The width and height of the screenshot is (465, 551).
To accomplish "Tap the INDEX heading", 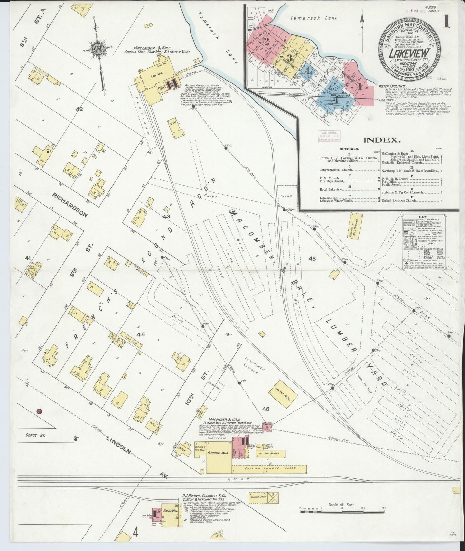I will point(382,140).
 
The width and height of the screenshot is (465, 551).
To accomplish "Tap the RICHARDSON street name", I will point(70,205).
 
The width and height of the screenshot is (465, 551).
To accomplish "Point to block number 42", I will point(79,109).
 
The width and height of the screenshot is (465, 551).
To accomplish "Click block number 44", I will point(141,334).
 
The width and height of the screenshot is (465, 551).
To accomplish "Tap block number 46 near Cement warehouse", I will point(265,409).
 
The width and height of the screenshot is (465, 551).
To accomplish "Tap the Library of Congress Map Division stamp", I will point(329,136).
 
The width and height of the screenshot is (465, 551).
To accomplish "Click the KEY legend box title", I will point(423,217).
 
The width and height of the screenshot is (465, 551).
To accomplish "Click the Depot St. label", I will point(36,435).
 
